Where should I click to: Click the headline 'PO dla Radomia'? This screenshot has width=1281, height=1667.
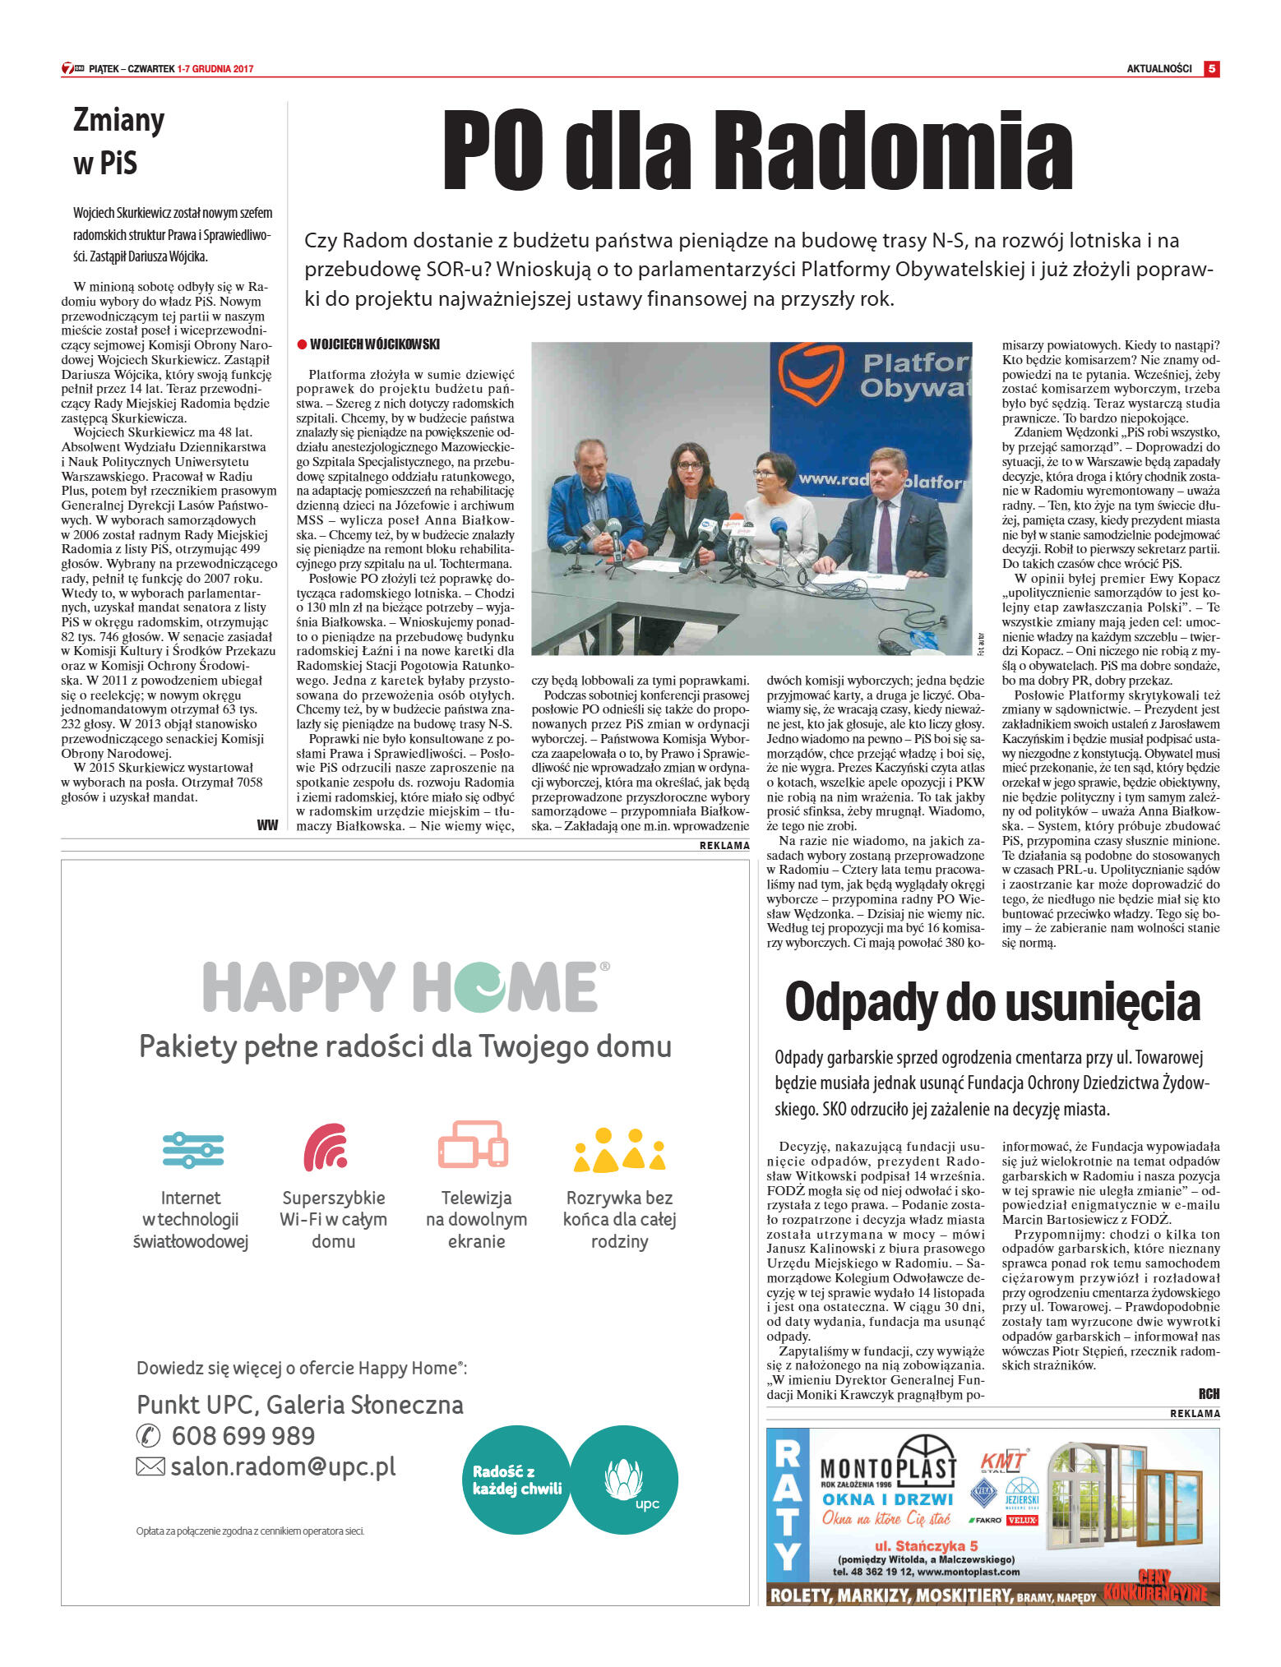(x=756, y=151)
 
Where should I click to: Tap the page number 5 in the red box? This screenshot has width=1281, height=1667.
(x=1211, y=69)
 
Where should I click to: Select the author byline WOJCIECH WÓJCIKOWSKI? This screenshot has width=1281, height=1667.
(x=374, y=344)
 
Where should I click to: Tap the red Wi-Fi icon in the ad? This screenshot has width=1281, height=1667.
(x=326, y=1147)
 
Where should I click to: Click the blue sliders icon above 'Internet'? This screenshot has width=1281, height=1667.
(x=192, y=1149)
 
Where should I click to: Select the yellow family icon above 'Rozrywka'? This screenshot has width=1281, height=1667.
(x=619, y=1149)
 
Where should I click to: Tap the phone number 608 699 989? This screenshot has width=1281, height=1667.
(x=243, y=1436)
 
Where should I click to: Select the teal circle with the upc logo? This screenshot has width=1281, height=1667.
(x=625, y=1480)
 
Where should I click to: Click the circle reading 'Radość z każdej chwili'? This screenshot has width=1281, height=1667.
(x=516, y=1480)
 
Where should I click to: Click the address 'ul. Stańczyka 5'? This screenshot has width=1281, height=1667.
(x=926, y=1545)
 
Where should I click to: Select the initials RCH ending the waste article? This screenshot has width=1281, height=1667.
(x=1208, y=1394)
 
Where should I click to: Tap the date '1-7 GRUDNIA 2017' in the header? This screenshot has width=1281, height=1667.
(x=215, y=69)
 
